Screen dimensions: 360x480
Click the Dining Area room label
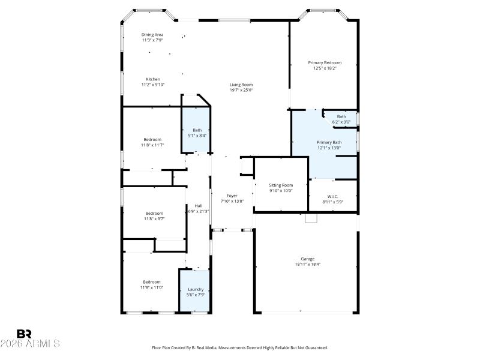pos(152,35)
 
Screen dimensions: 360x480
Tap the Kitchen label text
pos(153,79)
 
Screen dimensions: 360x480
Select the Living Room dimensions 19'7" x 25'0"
pos(241,91)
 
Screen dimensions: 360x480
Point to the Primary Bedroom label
pos(325,62)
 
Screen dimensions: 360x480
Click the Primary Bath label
pos(329,142)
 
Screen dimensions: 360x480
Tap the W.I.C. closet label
pos(332,196)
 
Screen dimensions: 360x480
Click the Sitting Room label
pos(281,185)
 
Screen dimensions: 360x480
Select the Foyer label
pos(232,196)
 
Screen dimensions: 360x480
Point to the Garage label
pos(308,259)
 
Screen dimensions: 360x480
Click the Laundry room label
pos(196,289)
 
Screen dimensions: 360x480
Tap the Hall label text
pos(198,206)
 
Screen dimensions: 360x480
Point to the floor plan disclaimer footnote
pos(240,347)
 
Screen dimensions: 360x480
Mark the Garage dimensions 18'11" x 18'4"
pos(308,264)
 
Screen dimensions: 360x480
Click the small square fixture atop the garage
pos(310,218)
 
